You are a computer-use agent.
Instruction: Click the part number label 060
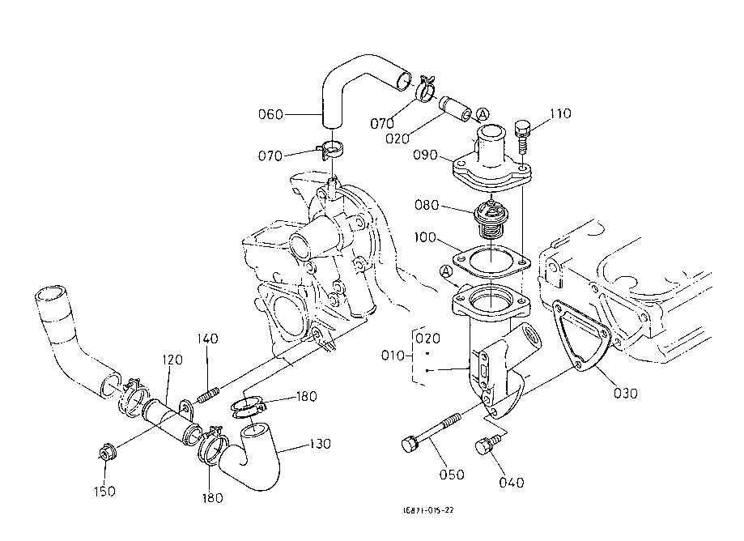[270, 114]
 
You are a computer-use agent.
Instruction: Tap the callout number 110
[560, 113]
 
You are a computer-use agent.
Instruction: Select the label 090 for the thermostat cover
[425, 155]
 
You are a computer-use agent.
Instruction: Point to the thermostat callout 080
[427, 205]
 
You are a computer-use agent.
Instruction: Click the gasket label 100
[425, 237]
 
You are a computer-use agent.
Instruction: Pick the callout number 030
[625, 394]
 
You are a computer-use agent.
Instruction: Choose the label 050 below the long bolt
[452, 475]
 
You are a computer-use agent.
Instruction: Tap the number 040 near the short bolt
[512, 483]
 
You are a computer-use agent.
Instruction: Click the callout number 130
[320, 444]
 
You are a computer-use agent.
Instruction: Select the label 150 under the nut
[104, 491]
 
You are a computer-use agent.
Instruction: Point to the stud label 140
[207, 339]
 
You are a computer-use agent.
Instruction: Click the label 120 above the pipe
[172, 360]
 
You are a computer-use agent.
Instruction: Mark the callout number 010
[393, 355]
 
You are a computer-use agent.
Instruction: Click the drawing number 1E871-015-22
[428, 510]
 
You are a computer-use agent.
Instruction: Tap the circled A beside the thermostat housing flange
[445, 271]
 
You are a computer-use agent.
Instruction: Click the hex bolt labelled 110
[521, 136]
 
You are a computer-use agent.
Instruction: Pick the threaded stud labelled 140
[208, 395]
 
